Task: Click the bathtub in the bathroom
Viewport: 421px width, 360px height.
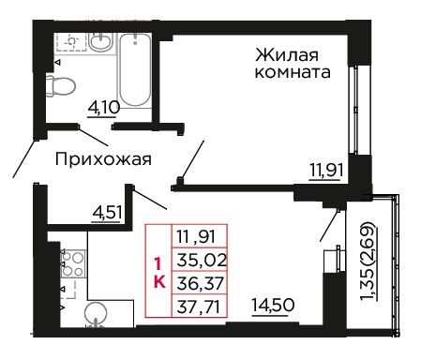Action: (135, 70)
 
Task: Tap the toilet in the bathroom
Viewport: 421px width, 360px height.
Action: (61, 85)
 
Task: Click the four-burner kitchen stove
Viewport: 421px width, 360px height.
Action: (73, 263)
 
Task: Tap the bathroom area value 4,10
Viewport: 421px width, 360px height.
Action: (104, 108)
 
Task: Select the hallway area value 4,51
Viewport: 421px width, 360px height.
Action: (107, 214)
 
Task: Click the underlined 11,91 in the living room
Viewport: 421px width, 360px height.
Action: (326, 172)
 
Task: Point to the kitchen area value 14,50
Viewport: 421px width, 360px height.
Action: (273, 306)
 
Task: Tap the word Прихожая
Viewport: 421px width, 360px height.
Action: (103, 159)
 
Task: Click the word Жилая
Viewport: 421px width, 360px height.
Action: (287, 55)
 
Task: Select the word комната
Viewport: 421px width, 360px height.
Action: (293, 72)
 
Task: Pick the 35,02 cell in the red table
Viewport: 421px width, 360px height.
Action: (200, 260)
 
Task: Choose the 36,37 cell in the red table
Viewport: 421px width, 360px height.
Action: (200, 283)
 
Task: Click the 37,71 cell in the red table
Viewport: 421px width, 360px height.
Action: (200, 306)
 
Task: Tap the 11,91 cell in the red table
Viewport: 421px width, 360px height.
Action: (200, 236)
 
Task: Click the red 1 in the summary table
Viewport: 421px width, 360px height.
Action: (158, 264)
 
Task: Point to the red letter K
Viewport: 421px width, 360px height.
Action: (159, 282)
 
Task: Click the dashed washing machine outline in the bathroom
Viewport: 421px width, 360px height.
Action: (71, 41)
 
